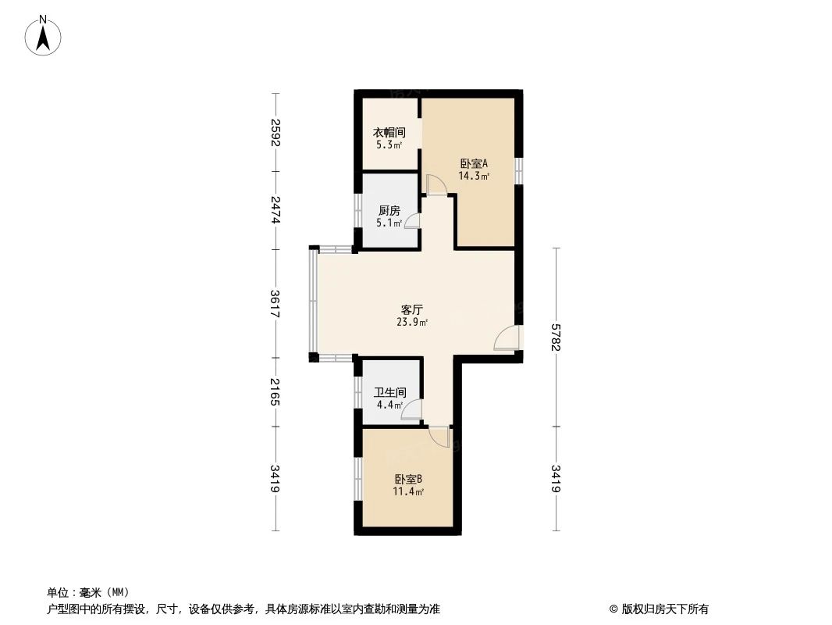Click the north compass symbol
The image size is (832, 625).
coord(44,35)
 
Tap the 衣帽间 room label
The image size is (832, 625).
coord(389,133)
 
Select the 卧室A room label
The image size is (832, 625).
coord(474,164)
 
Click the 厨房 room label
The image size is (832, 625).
coord(389,211)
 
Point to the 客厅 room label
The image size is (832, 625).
coord(412,309)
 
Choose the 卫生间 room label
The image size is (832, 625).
coord(389,393)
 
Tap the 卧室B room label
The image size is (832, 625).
coord(408,480)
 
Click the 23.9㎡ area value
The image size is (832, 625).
coord(412,322)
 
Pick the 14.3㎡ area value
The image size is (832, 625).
coord(474,177)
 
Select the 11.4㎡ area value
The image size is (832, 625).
coord(408,492)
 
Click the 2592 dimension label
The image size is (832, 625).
coord(275,133)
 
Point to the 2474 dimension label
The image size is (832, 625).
coord(275,211)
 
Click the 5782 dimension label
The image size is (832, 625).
coord(556,337)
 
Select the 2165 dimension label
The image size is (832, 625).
coord(275,391)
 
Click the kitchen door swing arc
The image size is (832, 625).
coord(412,221)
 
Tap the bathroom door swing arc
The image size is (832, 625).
coord(411,411)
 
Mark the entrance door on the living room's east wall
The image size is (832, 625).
coord(507,338)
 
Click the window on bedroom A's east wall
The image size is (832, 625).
coord(518,170)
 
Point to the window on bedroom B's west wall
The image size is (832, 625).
coord(357,479)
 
